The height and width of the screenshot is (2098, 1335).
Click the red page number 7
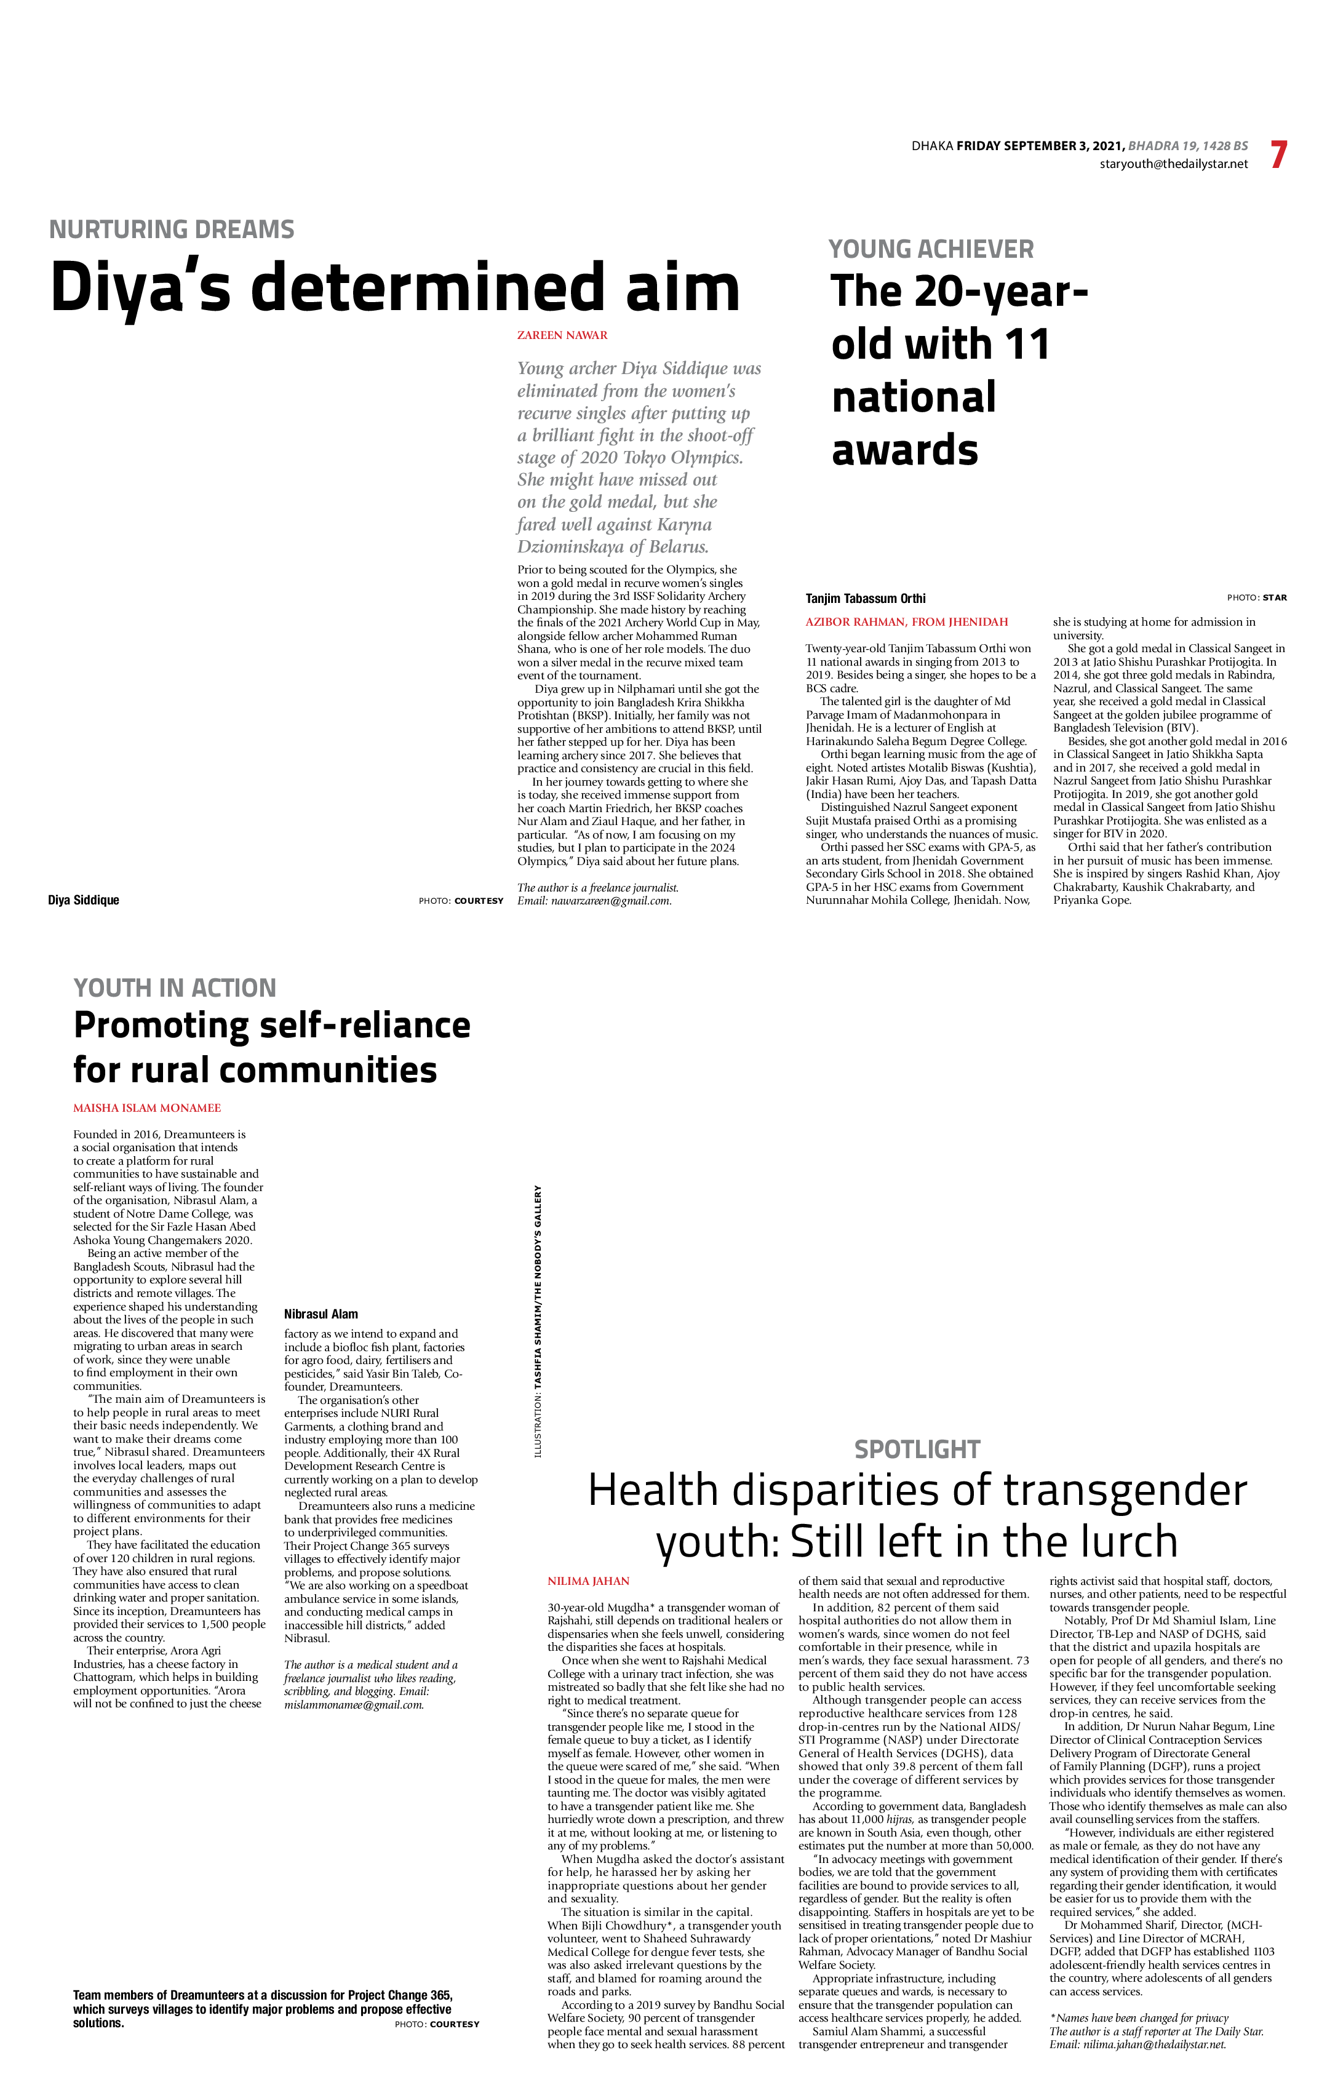(x=1278, y=155)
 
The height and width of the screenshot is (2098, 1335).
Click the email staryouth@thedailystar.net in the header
(x=1173, y=164)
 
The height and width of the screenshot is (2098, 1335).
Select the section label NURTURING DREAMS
(x=172, y=229)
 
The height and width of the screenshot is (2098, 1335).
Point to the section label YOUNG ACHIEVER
(x=931, y=249)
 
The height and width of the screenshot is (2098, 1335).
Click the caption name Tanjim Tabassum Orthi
(x=866, y=599)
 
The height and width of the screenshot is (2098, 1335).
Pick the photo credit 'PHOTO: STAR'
(x=1257, y=597)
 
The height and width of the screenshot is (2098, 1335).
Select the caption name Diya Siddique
(x=84, y=900)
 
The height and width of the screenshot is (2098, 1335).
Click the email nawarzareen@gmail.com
(x=611, y=901)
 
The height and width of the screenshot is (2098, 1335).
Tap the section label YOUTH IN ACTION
(x=174, y=988)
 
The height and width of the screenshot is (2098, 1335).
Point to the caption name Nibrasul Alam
(x=321, y=1314)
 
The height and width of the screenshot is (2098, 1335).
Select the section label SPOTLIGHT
(x=917, y=1450)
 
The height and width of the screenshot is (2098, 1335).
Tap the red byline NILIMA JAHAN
(x=588, y=1581)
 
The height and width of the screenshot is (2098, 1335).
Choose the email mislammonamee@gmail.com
(x=354, y=1704)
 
